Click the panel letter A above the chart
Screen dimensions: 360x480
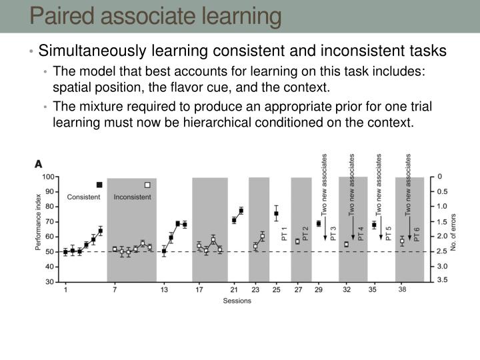coord(39,163)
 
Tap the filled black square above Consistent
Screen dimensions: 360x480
coord(99,185)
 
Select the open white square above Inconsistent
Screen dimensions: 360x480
coord(147,185)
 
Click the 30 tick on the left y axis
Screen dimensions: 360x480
coord(50,282)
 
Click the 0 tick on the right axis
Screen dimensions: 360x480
coord(439,177)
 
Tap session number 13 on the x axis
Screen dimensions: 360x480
coord(164,290)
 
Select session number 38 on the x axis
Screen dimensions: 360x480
coord(403,290)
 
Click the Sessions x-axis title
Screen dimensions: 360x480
coord(235,301)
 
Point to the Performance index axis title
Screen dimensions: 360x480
coord(39,228)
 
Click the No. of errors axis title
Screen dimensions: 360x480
coord(453,229)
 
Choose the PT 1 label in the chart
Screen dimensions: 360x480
coord(284,234)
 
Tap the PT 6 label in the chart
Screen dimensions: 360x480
coord(417,234)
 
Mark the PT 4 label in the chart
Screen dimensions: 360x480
coord(361,234)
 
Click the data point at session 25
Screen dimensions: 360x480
coord(276,214)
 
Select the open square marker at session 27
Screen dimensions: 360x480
coord(297,241)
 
